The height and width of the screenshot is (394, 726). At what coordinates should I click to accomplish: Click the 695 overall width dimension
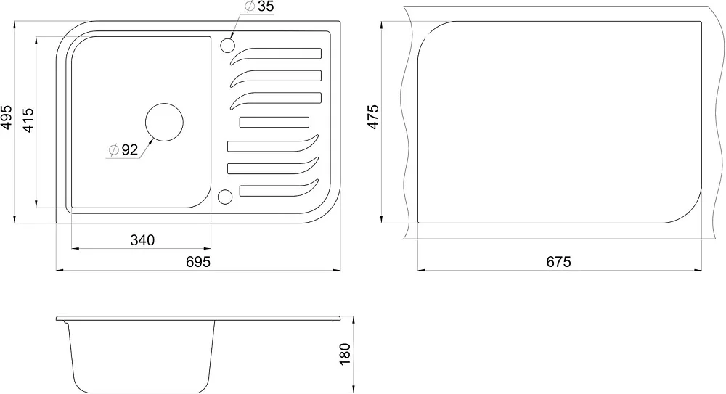point(198,262)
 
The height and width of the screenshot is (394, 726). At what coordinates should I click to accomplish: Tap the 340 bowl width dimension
point(142,240)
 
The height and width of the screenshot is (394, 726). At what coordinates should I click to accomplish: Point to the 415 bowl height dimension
point(28,120)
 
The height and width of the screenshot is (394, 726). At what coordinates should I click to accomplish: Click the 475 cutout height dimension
point(372,117)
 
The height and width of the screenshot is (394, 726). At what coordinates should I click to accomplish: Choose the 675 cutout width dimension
point(559,262)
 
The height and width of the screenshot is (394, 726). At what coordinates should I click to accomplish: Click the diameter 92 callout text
point(123,150)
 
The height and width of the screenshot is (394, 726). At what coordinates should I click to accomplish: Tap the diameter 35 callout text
point(259,7)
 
